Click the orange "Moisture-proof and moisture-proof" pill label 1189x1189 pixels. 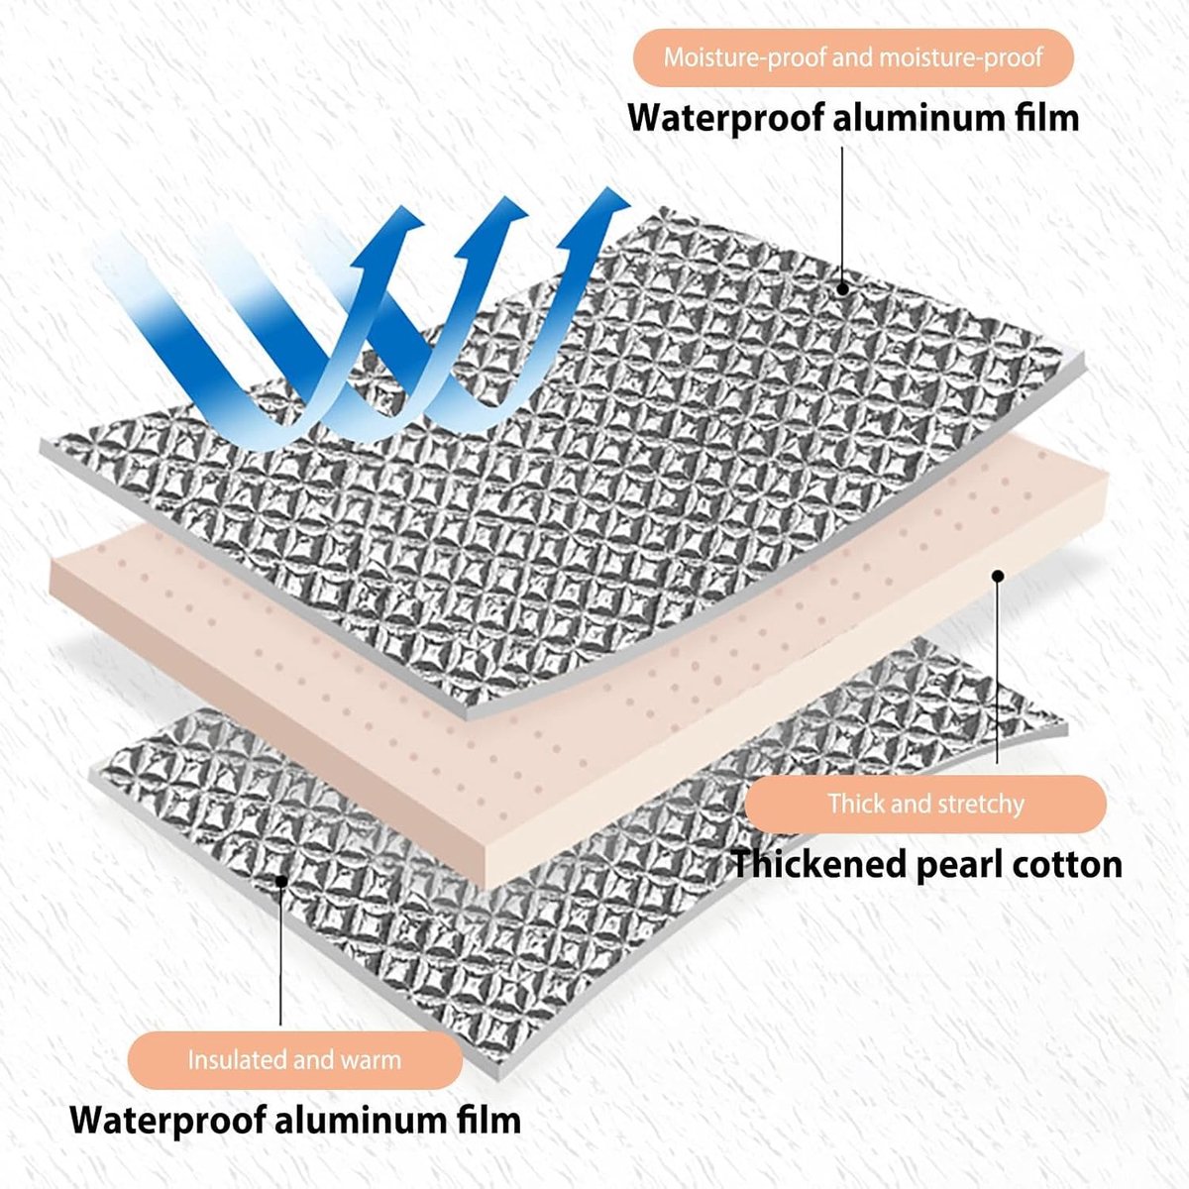(x=853, y=57)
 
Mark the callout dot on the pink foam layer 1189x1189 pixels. (x=998, y=575)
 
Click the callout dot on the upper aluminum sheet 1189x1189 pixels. (x=842, y=287)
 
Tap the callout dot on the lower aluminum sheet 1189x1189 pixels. (x=280, y=880)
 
